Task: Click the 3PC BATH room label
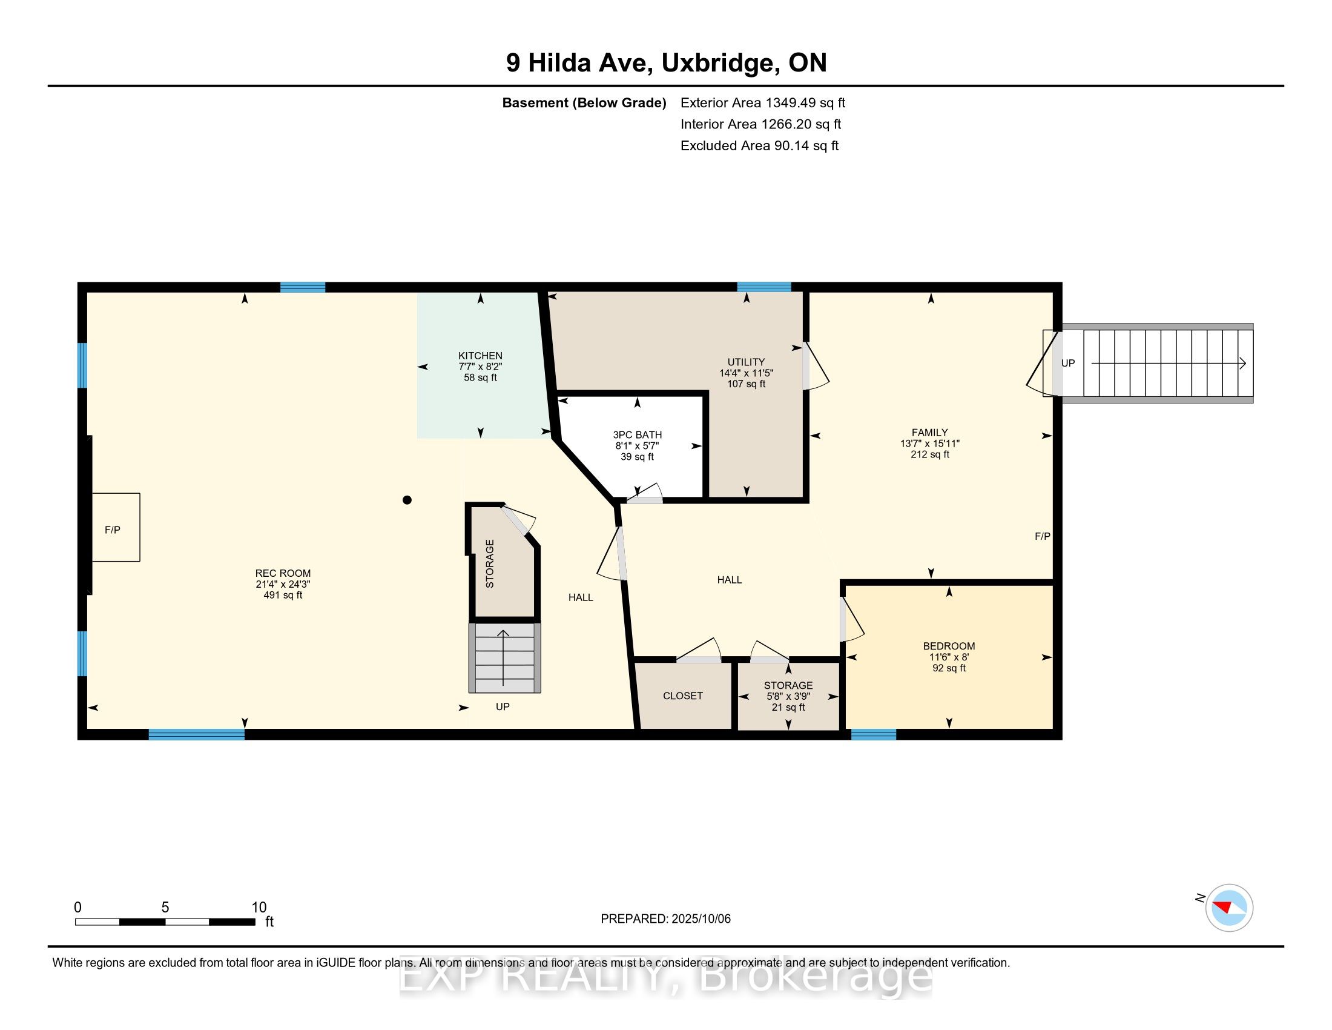[x=638, y=435]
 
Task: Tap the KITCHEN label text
[x=481, y=356]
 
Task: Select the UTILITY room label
[x=746, y=362]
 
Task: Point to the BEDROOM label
[x=949, y=646]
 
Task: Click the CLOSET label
[x=683, y=696]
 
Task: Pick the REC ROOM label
[x=283, y=573]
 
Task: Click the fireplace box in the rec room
[x=116, y=527]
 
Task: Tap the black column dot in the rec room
[x=407, y=500]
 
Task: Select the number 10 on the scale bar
[x=259, y=908]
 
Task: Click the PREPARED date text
[x=665, y=919]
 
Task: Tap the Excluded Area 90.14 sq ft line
[x=759, y=146]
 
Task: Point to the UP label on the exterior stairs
[x=1068, y=363]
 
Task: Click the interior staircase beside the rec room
[x=504, y=657]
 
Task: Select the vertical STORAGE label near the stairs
[x=490, y=563]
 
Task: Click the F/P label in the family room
[x=1043, y=536]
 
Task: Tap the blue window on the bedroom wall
[x=873, y=735]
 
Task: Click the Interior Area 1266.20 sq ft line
[x=760, y=124]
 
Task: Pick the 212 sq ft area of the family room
[x=930, y=454]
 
